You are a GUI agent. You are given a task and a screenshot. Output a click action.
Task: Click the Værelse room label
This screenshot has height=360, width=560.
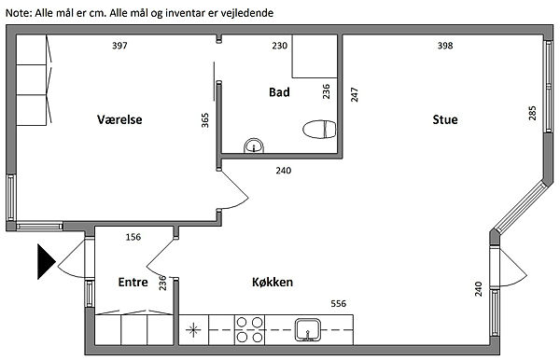tap(119, 119)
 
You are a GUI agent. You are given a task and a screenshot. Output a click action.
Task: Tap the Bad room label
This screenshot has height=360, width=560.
tap(279, 92)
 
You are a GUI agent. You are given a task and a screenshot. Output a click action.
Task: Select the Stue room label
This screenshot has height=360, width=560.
tap(445, 119)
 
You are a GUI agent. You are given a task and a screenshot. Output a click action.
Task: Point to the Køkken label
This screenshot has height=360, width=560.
tap(273, 282)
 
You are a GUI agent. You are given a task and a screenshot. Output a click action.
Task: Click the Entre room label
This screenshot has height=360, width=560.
tap(133, 282)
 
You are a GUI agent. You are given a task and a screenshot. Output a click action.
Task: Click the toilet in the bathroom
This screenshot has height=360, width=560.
tap(319, 129)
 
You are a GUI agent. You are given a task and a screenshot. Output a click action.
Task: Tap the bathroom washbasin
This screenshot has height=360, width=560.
tap(254, 145)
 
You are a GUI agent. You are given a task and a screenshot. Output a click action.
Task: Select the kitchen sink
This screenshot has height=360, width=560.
tap(307, 329)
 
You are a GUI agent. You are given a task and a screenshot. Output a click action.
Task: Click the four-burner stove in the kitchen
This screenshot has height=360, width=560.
tap(249, 329)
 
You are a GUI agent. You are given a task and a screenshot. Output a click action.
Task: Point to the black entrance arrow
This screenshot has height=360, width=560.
tap(46, 261)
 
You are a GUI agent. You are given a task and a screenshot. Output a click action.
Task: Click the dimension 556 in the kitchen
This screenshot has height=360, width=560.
tap(338, 303)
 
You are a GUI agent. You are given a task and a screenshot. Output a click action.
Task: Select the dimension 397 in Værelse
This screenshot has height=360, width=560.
tap(119, 46)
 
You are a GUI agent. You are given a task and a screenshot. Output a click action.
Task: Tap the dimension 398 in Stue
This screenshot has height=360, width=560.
tap(445, 46)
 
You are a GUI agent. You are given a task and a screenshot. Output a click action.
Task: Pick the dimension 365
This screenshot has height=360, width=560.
tap(204, 120)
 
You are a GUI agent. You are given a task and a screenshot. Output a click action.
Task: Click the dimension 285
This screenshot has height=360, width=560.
tap(532, 113)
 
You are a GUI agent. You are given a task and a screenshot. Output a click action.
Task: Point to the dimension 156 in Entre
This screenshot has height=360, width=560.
tap(133, 237)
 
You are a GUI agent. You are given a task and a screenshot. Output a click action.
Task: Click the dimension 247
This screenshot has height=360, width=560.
tap(354, 94)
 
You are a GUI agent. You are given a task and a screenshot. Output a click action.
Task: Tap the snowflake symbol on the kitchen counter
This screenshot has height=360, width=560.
tap(193, 329)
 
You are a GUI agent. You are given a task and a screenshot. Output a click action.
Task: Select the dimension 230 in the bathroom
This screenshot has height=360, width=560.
tap(279, 46)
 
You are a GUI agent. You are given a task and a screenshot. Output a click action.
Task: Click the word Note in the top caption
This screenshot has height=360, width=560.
tap(19, 13)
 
